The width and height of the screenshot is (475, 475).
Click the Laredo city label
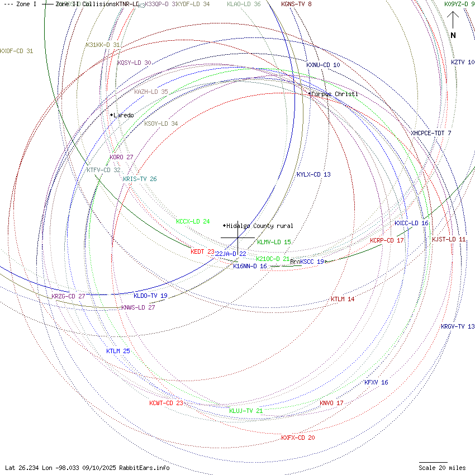pos(123,115)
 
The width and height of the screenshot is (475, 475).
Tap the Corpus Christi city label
pos(334,94)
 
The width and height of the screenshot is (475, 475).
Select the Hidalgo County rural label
pos(259,226)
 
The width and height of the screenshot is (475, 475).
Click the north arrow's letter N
pos(453,35)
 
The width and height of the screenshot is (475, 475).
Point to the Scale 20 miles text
pos(442,468)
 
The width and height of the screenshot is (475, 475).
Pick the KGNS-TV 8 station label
pos(296,4)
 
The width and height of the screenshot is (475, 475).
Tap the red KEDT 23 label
pos(202,251)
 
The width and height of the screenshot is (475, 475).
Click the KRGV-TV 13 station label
pos(458,326)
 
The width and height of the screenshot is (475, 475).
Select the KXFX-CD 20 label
pos(298,438)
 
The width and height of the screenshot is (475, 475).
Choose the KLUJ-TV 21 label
pos(246,411)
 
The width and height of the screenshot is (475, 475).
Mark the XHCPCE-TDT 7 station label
pos(431,133)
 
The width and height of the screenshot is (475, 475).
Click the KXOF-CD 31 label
pos(17,51)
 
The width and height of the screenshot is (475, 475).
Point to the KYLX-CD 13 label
pos(313,174)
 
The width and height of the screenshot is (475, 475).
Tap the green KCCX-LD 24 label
pos(193,221)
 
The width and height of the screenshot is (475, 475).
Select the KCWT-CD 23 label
pos(166,403)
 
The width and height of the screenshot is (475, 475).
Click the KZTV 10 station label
pos(463,62)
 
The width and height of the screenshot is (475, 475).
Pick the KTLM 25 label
pos(118,351)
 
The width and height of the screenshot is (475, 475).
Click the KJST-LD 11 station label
pos(449,239)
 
